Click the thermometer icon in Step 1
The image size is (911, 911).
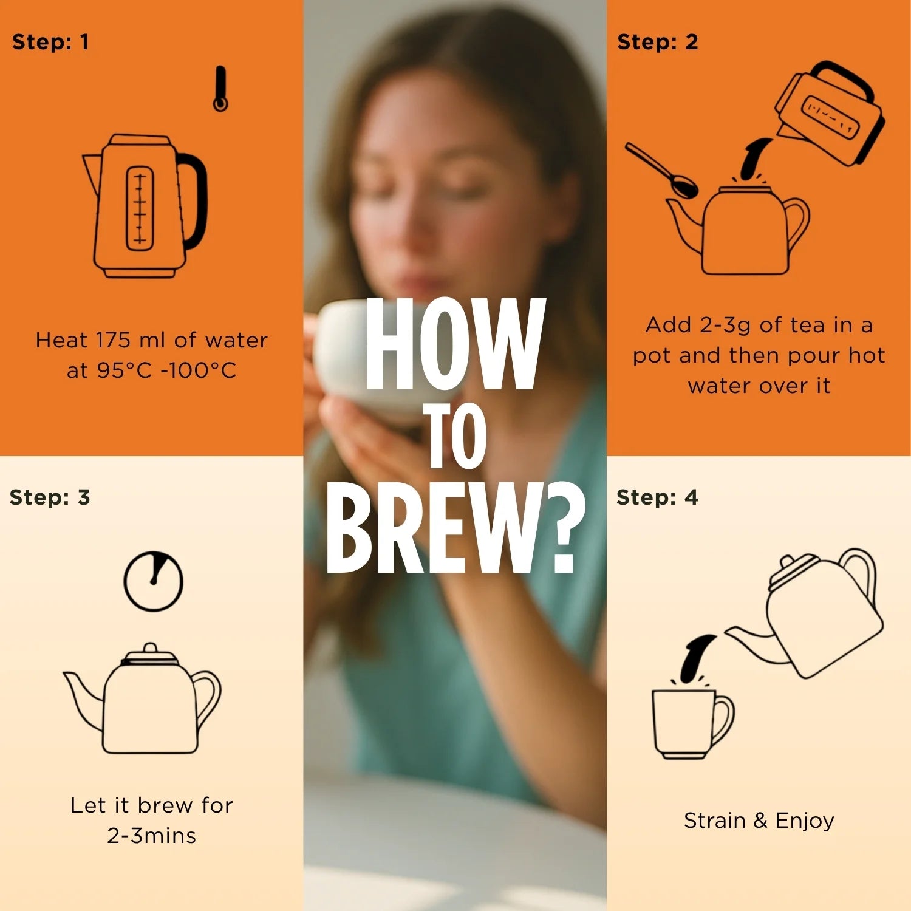(220, 89)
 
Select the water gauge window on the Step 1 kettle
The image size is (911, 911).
(140, 208)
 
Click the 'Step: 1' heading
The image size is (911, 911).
(50, 42)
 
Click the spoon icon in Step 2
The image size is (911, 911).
(662, 171)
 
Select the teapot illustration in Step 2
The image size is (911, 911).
(738, 230)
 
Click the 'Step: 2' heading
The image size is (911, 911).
(658, 42)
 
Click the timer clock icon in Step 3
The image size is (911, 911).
(154, 581)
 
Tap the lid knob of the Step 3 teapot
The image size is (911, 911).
(149, 649)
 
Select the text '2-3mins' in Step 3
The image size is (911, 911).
(152, 836)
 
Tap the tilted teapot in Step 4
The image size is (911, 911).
(808, 613)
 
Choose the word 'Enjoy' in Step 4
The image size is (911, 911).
(805, 821)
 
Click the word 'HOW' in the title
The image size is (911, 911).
(455, 344)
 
